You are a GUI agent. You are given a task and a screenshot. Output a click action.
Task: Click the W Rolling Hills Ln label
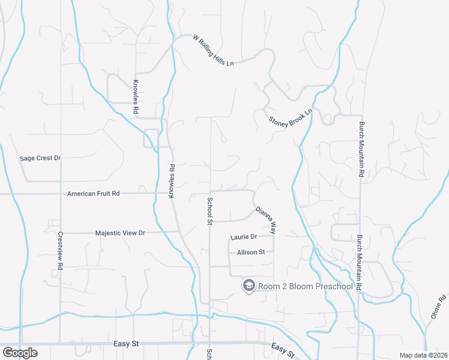(x=213, y=50)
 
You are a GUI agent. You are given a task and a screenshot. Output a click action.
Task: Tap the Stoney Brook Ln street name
(x=291, y=116)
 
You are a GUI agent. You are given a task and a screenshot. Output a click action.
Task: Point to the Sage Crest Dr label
(x=41, y=158)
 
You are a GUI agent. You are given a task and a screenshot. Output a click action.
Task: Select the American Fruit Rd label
(x=94, y=194)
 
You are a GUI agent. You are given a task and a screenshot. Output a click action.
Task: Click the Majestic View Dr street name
(x=121, y=232)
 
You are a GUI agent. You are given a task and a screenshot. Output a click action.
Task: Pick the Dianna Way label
(x=265, y=220)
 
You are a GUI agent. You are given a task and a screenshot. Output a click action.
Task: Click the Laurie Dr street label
(x=243, y=237)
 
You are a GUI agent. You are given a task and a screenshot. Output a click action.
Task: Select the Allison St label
(x=251, y=253)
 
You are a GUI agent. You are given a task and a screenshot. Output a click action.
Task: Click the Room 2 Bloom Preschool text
(x=305, y=286)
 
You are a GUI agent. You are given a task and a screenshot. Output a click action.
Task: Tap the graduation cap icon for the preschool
(x=248, y=286)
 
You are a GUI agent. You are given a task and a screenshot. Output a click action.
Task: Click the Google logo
(x=20, y=353)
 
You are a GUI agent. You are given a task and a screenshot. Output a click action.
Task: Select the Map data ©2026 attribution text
(x=423, y=355)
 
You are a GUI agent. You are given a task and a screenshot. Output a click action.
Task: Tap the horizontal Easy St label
(x=126, y=344)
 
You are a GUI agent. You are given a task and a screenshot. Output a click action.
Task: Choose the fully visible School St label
(x=210, y=211)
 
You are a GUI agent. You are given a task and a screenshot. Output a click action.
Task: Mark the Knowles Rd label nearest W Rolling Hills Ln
(x=136, y=97)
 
